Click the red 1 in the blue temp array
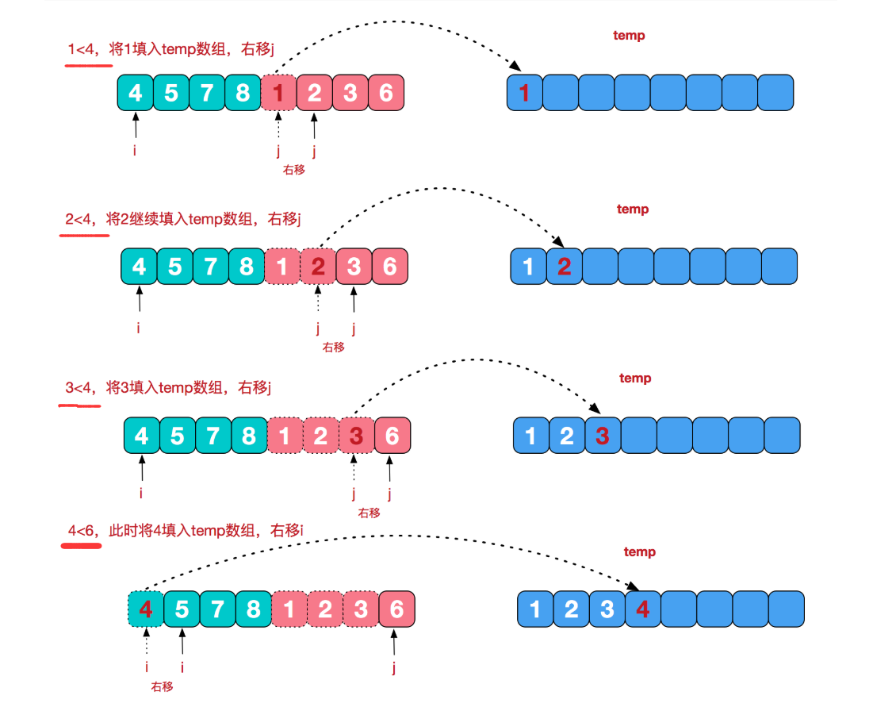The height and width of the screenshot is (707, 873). point(524,94)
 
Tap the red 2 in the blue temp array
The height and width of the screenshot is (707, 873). point(564,267)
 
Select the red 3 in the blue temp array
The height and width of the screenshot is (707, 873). point(603,436)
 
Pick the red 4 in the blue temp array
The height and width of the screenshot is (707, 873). point(643,609)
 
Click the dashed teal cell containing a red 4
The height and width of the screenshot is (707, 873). point(145,609)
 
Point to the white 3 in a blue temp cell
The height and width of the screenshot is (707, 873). point(607,609)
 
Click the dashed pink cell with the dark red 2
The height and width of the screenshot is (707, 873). point(318,267)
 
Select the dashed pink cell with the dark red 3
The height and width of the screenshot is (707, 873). point(357,436)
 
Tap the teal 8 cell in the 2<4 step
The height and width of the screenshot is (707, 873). point(247,267)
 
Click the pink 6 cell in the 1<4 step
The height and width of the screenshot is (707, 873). point(385,93)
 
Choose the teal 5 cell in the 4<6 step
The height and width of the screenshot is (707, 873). point(182,609)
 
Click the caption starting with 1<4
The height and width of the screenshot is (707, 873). point(170,50)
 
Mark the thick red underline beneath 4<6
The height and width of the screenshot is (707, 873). point(82,546)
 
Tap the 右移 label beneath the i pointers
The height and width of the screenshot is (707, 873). point(162,686)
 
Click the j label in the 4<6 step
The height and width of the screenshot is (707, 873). point(394,668)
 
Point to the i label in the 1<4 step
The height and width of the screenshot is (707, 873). point(135,148)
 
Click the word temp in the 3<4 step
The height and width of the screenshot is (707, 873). point(635,378)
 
